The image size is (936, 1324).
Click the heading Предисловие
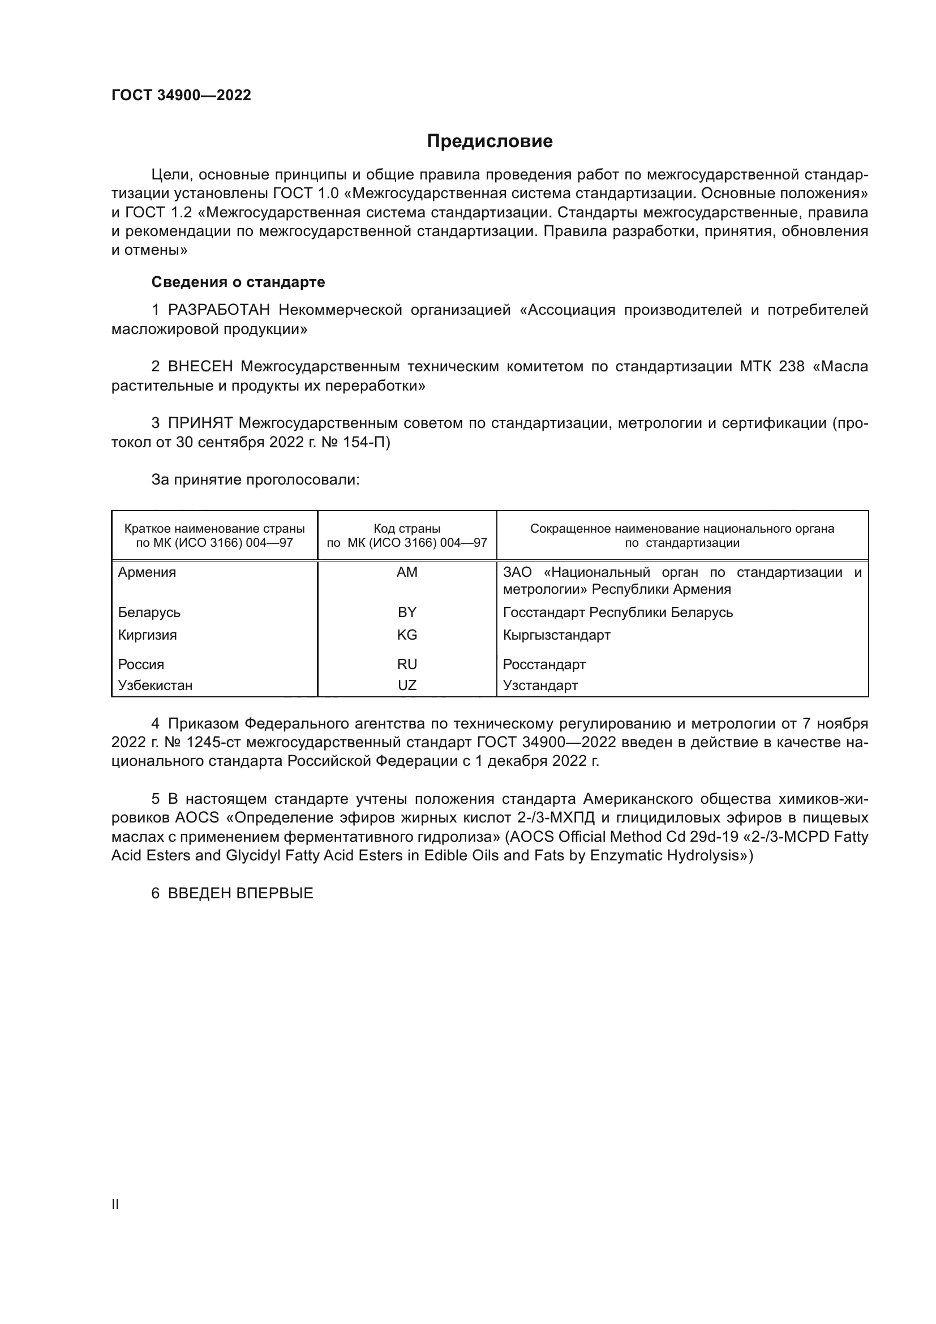(x=490, y=142)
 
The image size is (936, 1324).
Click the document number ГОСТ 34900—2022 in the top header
(x=181, y=95)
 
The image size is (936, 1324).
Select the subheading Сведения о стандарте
(x=238, y=282)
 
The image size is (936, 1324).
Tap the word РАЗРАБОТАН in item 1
(x=219, y=310)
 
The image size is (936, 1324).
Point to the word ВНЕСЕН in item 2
(x=200, y=367)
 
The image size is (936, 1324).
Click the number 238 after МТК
(x=791, y=367)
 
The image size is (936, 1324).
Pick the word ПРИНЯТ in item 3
(x=200, y=423)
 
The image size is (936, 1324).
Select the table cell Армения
(x=147, y=572)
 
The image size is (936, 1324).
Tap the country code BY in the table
(x=407, y=612)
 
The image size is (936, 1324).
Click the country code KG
(x=407, y=635)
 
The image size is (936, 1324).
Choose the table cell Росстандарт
(x=544, y=665)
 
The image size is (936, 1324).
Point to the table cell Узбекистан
(x=155, y=685)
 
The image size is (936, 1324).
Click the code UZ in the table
(x=407, y=685)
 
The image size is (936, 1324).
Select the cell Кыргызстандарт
(x=556, y=635)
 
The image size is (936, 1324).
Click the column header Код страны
(x=407, y=528)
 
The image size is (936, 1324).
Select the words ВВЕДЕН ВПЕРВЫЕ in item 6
(x=241, y=893)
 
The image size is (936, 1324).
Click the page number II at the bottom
(x=115, y=1204)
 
